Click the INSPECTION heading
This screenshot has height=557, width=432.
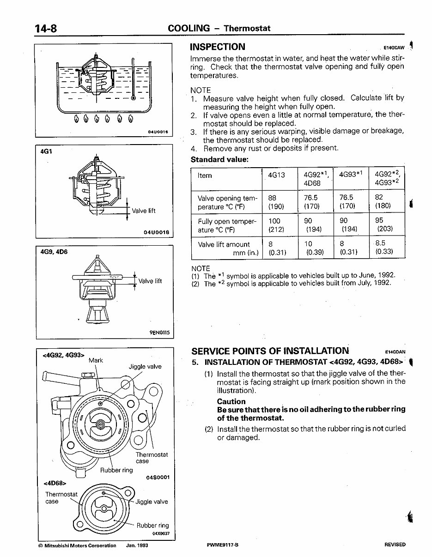click(218, 47)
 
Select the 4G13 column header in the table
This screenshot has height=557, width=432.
click(276, 176)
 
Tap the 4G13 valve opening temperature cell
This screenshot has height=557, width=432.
click(276, 202)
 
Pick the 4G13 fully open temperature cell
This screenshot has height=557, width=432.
click(276, 225)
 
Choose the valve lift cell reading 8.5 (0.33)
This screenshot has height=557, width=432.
click(384, 248)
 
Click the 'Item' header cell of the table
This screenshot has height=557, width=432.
click(205, 176)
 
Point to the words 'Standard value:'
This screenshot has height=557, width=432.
click(219, 159)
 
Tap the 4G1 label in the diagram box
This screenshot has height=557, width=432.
click(46, 151)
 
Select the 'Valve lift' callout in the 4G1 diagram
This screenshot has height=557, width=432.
click(144, 211)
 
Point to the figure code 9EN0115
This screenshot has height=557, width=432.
click(160, 332)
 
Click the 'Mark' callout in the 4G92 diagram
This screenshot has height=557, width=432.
click(96, 360)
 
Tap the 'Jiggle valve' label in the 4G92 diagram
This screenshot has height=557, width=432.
click(145, 367)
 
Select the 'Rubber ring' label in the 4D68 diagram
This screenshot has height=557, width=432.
click(152, 525)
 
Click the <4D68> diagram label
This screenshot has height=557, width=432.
click(55, 483)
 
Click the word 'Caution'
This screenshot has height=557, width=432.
click(231, 401)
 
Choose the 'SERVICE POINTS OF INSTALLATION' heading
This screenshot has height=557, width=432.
click(270, 351)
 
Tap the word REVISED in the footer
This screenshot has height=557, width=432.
click(395, 545)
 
